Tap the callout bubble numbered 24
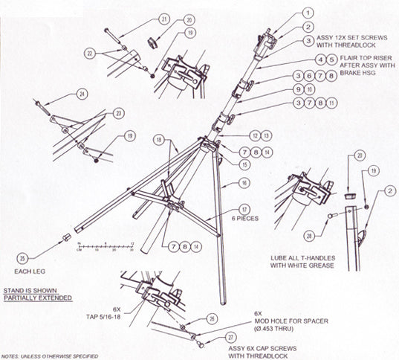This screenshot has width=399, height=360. click(82, 94)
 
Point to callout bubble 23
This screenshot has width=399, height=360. click(118, 114)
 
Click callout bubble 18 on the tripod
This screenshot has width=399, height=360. click(158, 140)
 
